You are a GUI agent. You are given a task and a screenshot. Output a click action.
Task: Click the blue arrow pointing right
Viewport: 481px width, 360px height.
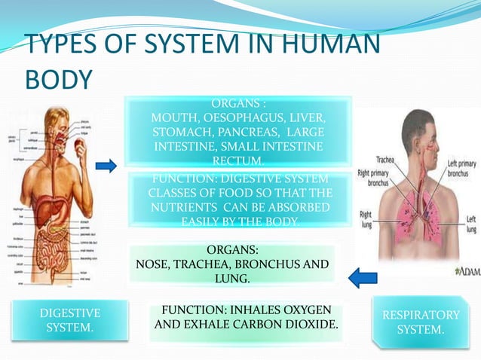(107, 165)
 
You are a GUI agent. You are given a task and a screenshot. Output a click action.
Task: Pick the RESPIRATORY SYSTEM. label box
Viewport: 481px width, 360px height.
(420, 322)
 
